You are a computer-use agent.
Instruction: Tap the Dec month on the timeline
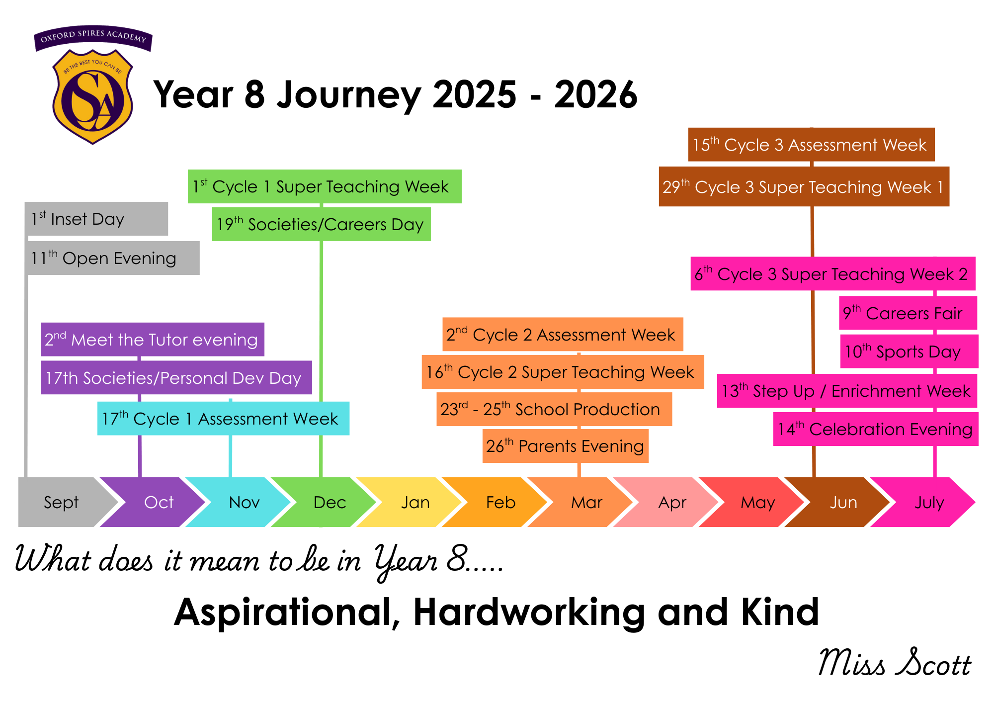pos(326,502)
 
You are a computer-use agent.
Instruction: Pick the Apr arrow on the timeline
pos(668,502)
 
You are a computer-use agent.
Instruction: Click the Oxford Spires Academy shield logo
pos(93,85)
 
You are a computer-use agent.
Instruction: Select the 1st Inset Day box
pos(96,219)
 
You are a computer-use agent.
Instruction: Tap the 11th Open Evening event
pos(113,258)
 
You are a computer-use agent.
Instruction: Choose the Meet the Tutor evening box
pos(153,340)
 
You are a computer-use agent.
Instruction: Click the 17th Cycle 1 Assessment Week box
pos(223,419)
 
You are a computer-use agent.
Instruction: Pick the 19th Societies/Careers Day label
pos(322,224)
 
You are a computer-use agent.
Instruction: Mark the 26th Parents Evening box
pos(566,446)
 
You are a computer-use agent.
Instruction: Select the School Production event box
pos(554,409)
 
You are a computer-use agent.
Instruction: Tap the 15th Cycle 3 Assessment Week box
pos(812,145)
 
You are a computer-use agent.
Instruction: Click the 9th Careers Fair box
pos(908,313)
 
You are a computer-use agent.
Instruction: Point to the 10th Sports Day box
pos(910,351)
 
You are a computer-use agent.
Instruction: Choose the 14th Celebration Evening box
pos(876,429)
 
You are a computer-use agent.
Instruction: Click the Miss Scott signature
pos(895,663)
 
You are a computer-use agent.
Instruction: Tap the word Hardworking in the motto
pos(529,612)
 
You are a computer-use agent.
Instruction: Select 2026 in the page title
pos(596,94)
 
